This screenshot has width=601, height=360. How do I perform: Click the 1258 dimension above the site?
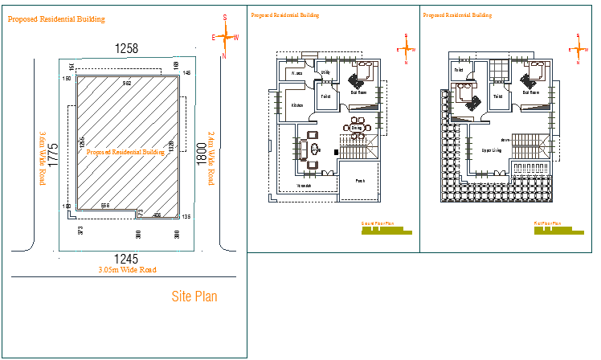(126, 49)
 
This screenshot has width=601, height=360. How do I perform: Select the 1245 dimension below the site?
(125, 259)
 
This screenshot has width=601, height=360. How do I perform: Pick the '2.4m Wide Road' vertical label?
(211, 159)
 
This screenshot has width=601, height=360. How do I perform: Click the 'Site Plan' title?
(194, 297)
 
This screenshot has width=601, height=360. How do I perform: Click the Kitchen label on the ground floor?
(296, 105)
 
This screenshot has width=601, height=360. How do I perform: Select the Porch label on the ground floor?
(360, 181)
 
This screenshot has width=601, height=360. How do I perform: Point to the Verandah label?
(305, 186)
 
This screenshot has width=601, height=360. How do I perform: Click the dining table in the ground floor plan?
(356, 126)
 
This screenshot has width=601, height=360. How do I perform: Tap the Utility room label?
(325, 72)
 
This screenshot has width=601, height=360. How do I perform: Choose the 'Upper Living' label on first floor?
(492, 149)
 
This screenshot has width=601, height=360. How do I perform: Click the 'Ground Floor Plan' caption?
(378, 223)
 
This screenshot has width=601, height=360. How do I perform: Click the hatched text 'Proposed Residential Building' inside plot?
(125, 151)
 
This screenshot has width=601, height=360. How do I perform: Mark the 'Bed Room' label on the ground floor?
(358, 92)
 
